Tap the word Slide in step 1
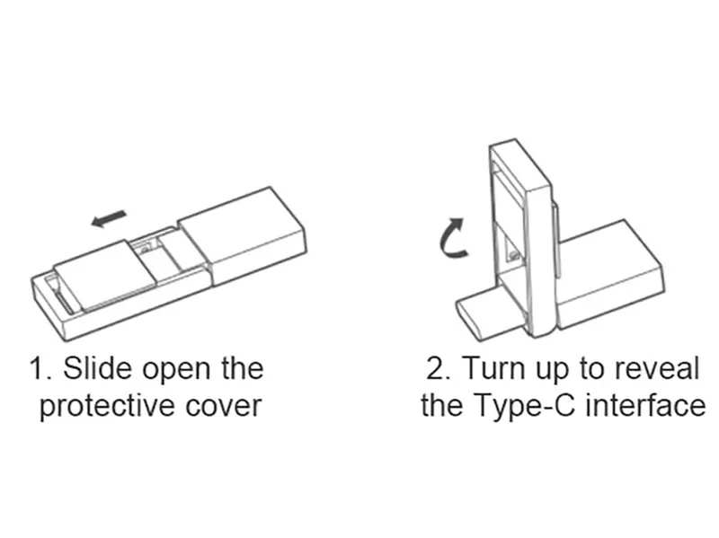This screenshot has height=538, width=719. click(94, 368)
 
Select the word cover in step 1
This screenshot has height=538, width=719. click(223, 405)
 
